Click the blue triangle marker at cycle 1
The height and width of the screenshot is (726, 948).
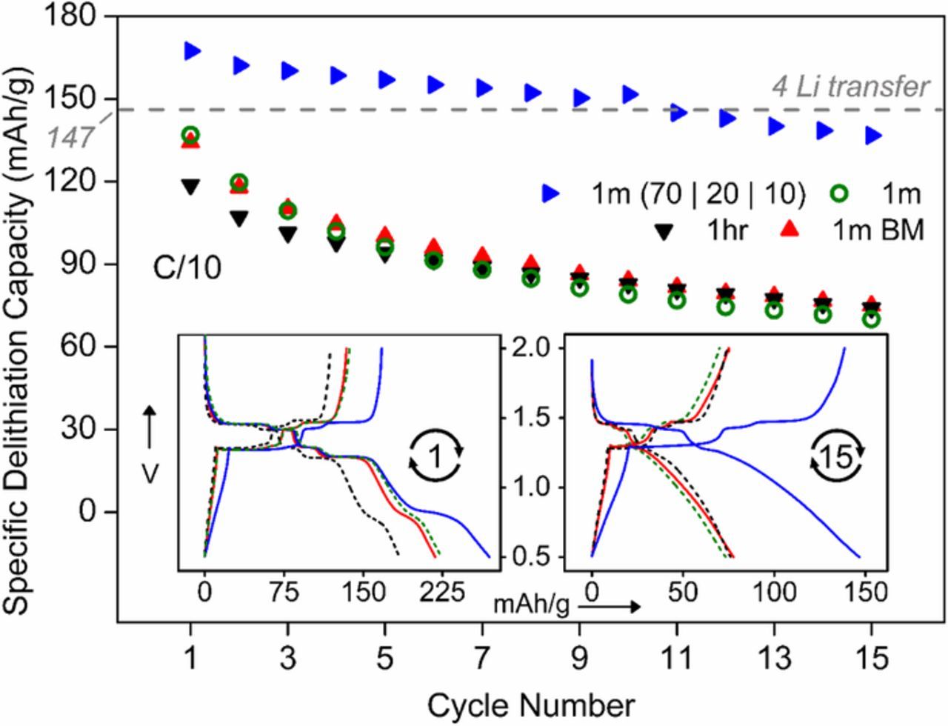click(193, 50)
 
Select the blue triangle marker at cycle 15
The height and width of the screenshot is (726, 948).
click(873, 136)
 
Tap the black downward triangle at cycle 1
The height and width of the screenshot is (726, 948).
click(191, 187)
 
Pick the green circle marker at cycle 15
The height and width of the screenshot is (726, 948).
click(872, 319)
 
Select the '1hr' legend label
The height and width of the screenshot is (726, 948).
click(728, 231)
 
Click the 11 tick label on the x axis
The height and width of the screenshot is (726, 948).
click(676, 659)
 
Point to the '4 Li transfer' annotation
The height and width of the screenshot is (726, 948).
click(849, 87)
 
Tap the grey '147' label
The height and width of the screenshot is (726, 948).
click(70, 138)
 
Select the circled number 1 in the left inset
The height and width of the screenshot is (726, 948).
click(436, 456)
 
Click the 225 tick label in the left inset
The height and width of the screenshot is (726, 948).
click(443, 593)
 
